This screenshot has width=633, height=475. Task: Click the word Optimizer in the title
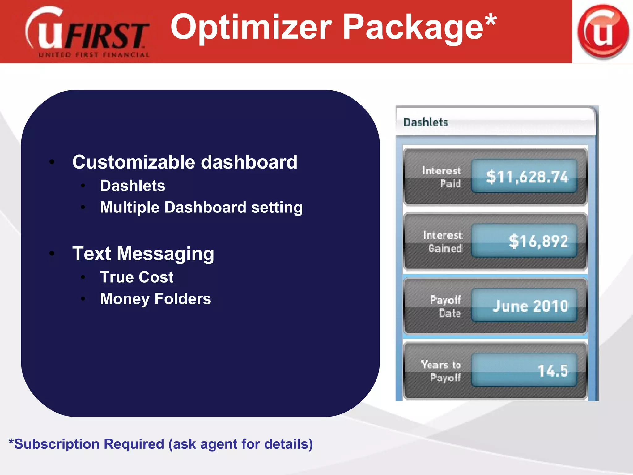(x=251, y=28)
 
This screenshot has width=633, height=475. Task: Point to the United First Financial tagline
(x=94, y=55)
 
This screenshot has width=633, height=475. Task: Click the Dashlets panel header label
(x=426, y=122)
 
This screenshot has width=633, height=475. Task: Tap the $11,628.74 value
(x=527, y=177)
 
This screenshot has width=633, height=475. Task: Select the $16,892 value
(x=538, y=241)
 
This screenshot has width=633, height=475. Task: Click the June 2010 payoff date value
(x=530, y=306)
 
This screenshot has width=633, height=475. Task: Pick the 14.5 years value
(x=552, y=370)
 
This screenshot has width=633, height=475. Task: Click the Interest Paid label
(x=442, y=177)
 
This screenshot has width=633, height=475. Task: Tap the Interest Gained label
(x=443, y=242)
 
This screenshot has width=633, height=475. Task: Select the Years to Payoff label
(x=441, y=371)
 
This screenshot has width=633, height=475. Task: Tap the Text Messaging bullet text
(x=143, y=254)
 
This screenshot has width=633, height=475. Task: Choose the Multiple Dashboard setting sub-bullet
(x=201, y=207)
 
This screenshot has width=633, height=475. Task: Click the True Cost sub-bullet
(x=137, y=277)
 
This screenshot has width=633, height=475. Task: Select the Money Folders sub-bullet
(x=155, y=299)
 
